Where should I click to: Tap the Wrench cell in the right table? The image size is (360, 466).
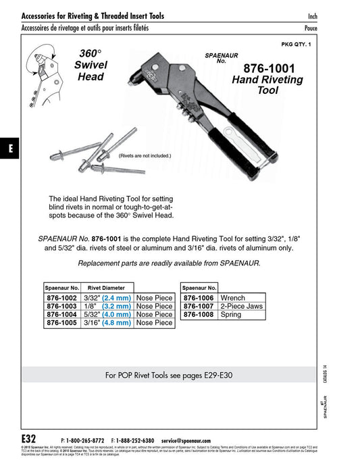[x=233, y=297]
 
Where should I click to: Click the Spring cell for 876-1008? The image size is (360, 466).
[x=232, y=315]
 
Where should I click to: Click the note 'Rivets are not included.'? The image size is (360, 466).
[x=145, y=155]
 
